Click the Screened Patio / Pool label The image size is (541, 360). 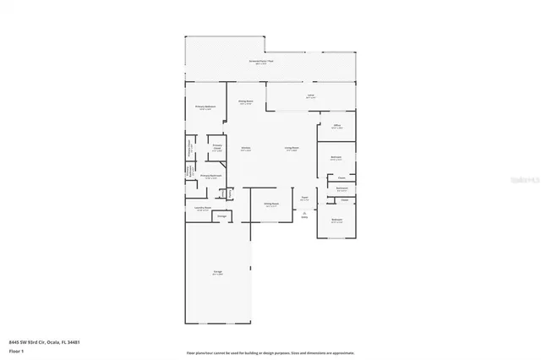click(x=260, y=62)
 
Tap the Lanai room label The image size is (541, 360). click(x=310, y=96)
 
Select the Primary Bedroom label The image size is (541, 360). click(x=205, y=106)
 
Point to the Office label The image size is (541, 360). click(x=336, y=126)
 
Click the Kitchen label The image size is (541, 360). click(x=245, y=148)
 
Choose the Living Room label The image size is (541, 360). click(x=292, y=148)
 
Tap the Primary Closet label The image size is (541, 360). click(x=217, y=146)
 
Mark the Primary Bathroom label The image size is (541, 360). click(x=210, y=176)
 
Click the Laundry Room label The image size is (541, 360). click(x=202, y=208)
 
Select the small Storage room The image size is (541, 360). click(x=221, y=216)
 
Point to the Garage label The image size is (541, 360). click(x=217, y=272)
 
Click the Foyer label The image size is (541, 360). click(x=304, y=198)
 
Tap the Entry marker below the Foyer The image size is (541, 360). click(x=304, y=216)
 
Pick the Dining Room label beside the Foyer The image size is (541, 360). click(x=270, y=204)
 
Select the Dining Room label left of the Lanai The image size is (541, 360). click(x=246, y=101)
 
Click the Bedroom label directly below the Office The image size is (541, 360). click(x=336, y=157)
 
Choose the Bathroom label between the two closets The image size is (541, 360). click(x=342, y=189)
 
